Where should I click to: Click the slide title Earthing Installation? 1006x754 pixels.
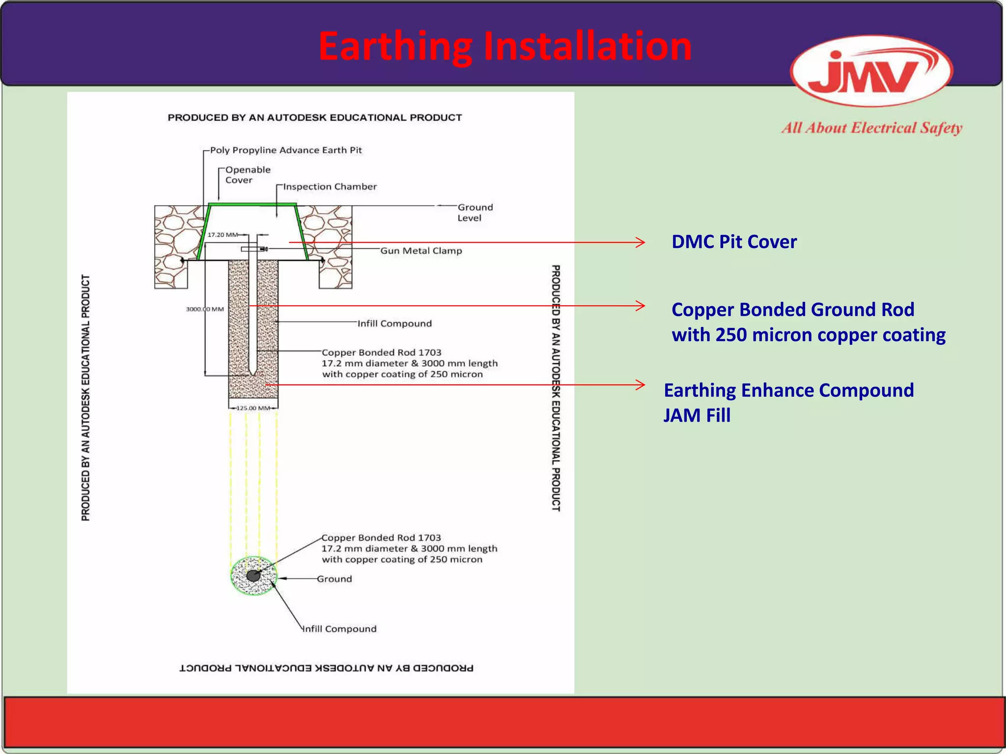click(504, 46)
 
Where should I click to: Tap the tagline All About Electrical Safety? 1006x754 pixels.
click(871, 128)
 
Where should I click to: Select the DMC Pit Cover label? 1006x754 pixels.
click(733, 242)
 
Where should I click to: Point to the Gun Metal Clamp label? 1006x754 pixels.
click(421, 251)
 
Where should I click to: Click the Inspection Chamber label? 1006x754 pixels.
click(330, 187)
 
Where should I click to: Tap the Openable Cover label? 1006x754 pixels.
click(248, 175)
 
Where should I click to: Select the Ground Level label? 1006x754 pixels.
click(475, 213)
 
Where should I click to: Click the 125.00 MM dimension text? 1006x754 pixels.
click(253, 408)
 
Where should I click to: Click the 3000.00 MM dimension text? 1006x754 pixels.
click(204, 309)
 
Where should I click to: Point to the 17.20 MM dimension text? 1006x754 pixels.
click(223, 235)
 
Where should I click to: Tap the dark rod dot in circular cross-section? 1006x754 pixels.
click(253, 576)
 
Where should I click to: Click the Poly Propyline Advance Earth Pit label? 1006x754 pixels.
click(286, 150)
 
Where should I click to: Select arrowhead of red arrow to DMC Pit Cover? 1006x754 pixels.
click(641, 242)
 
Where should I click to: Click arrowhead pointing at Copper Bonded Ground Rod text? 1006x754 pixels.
click(641, 306)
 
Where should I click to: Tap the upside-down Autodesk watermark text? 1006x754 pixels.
click(326, 668)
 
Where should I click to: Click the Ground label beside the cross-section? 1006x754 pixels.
click(334, 579)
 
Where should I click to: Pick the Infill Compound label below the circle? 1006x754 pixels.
click(339, 629)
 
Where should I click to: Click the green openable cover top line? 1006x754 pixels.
click(252, 204)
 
